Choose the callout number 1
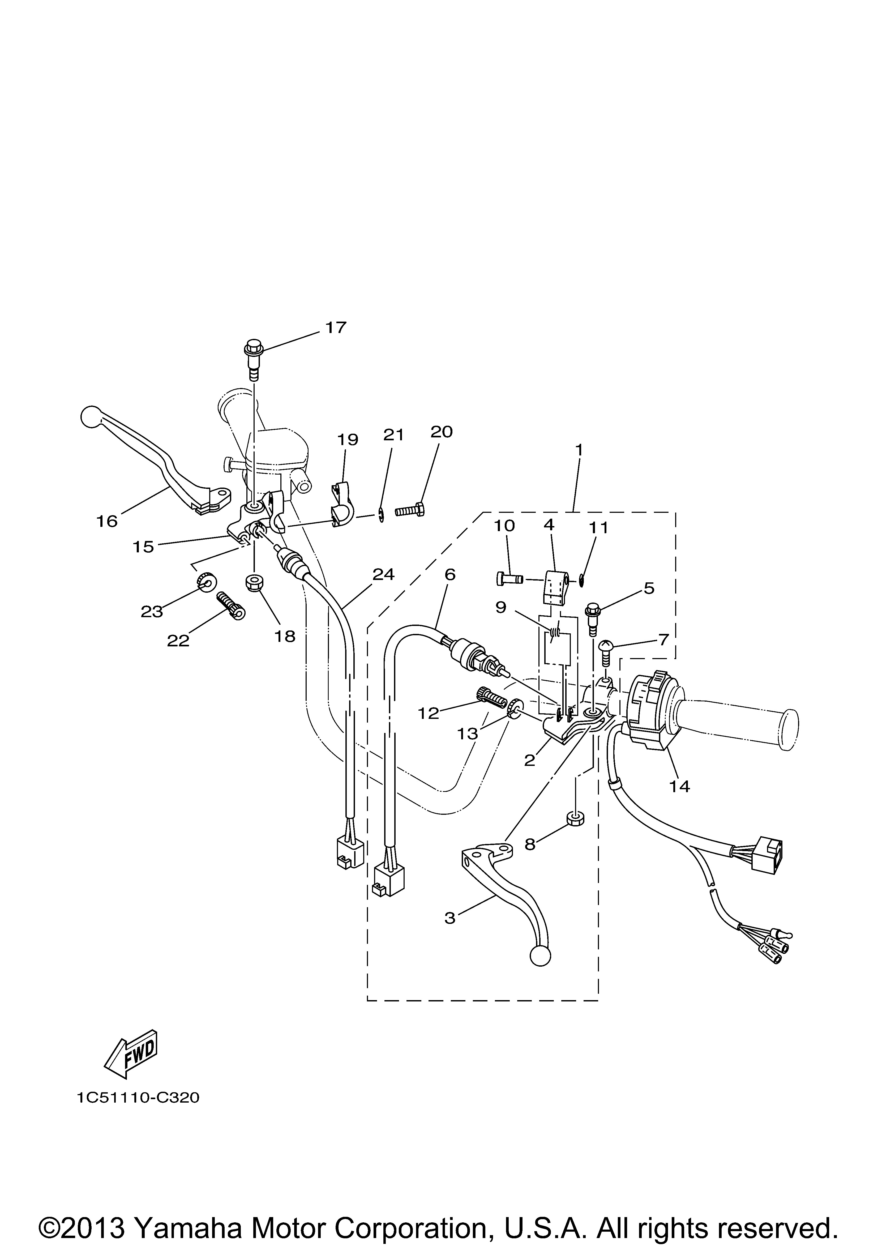(x=579, y=450)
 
